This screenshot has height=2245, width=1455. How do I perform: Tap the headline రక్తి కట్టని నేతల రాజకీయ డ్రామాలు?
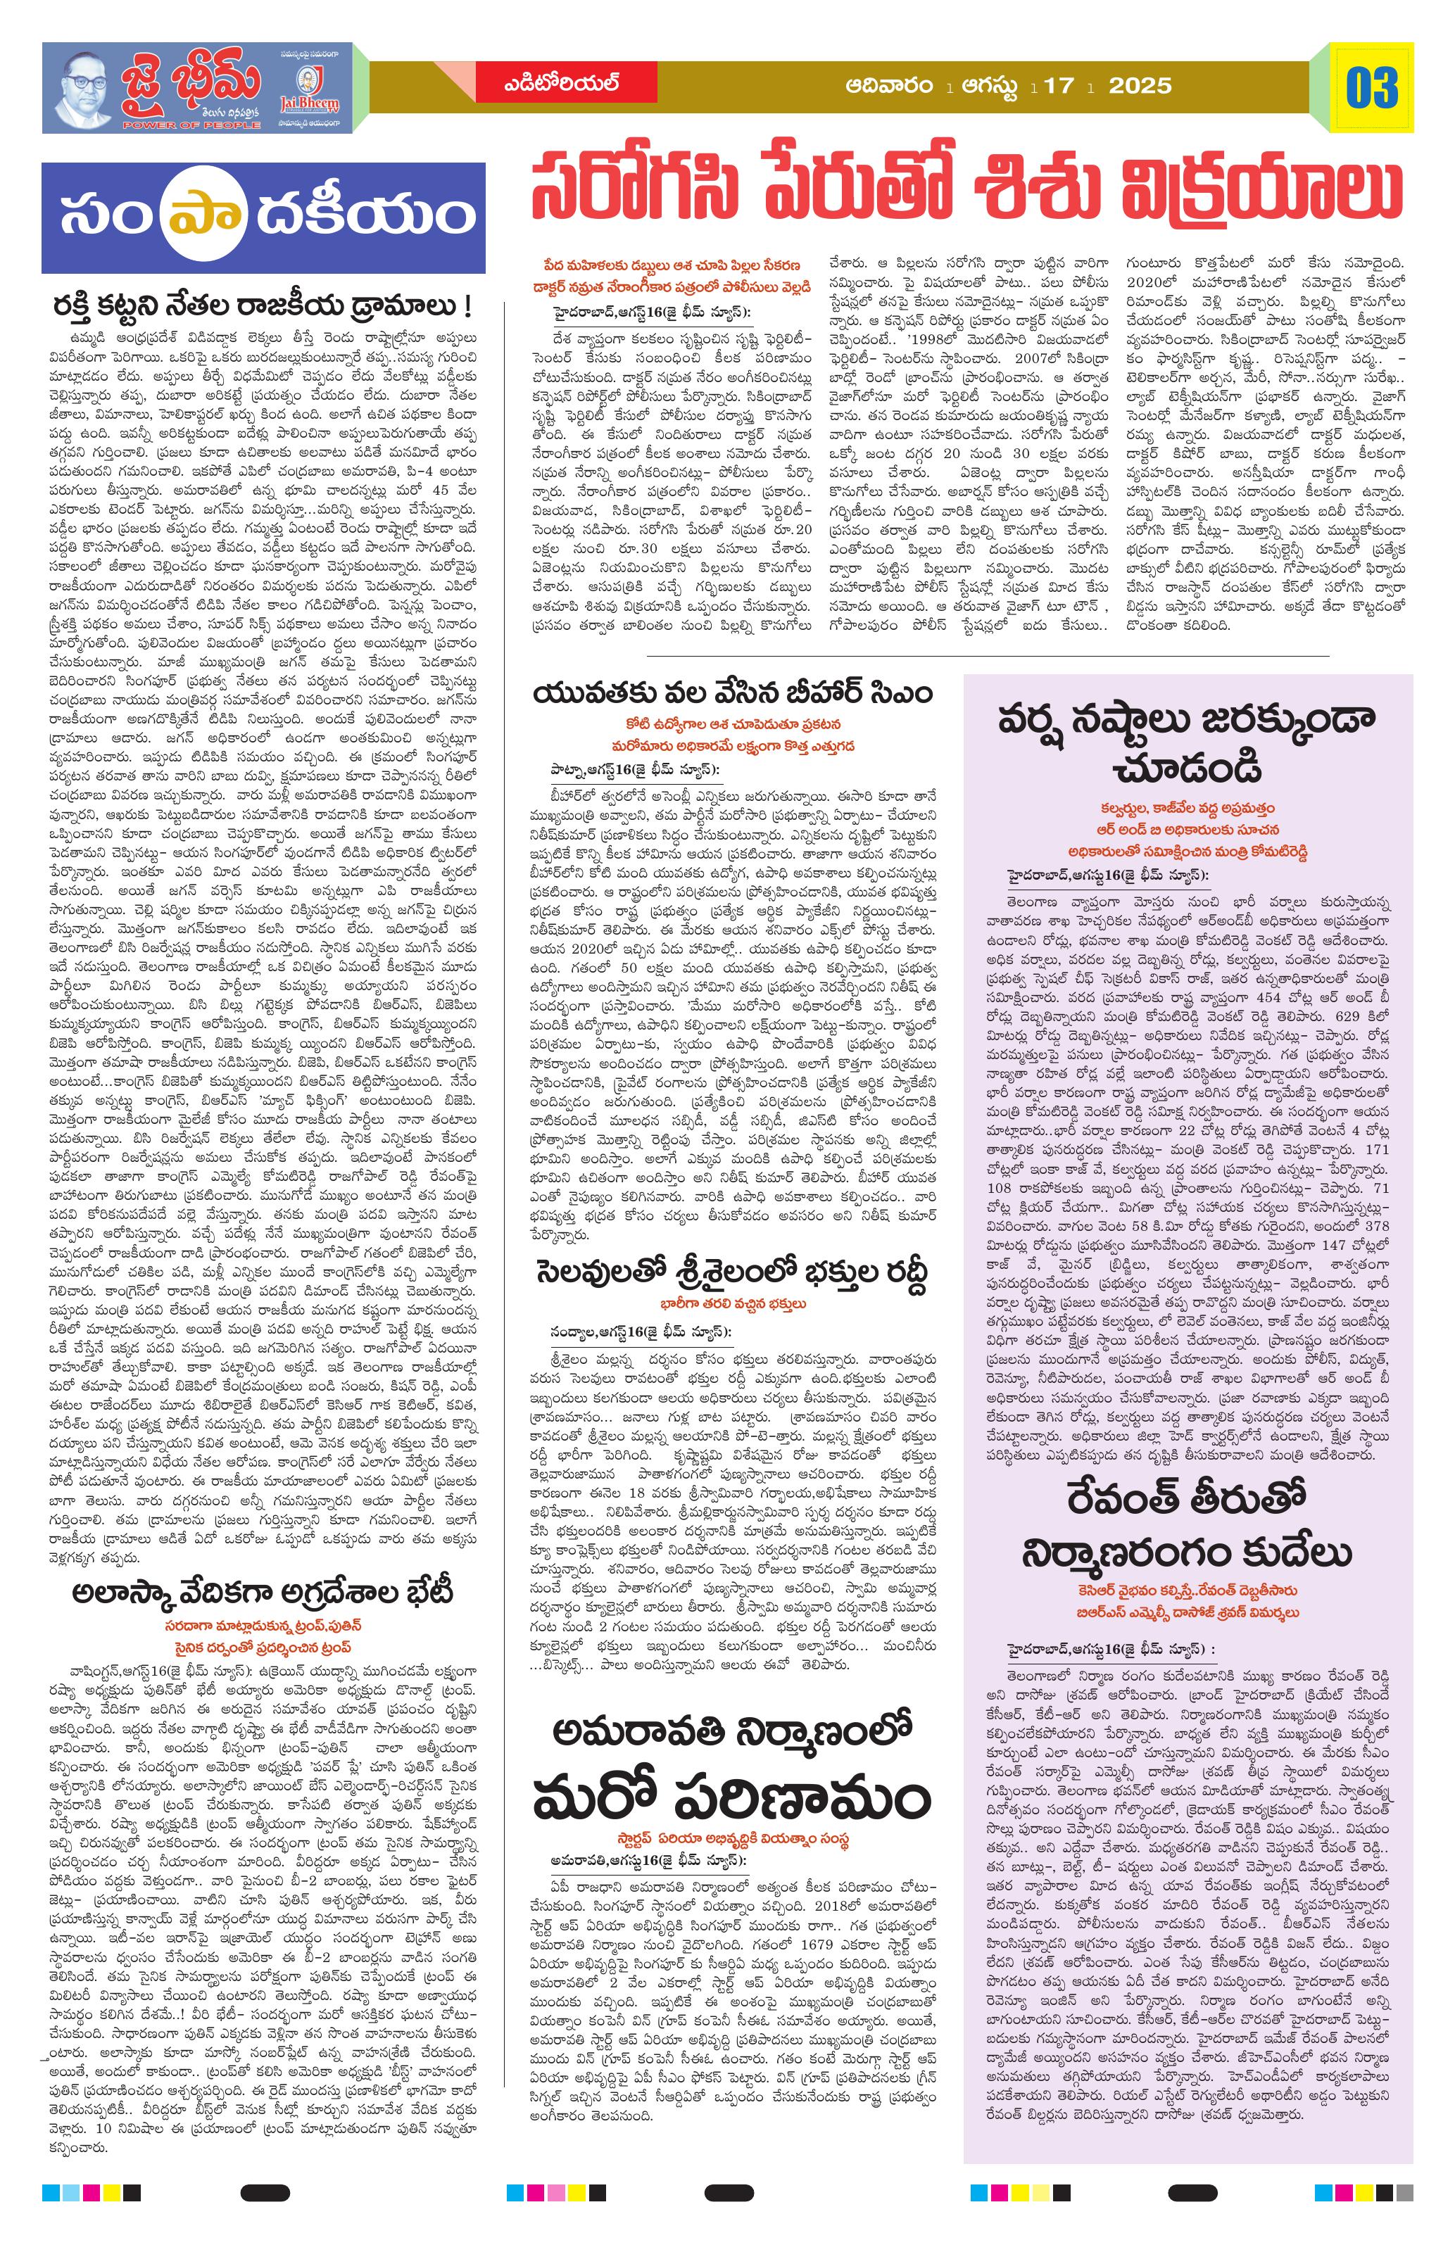point(263,308)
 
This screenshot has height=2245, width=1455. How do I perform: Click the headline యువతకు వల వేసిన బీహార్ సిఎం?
point(732,694)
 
